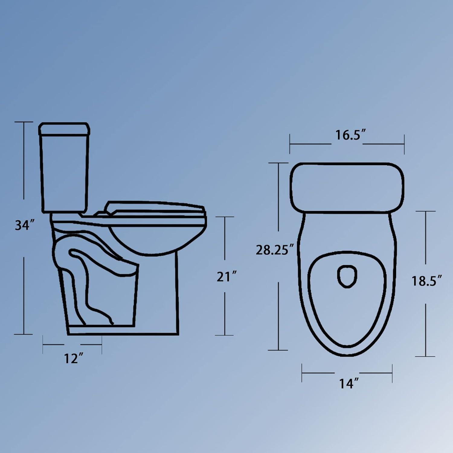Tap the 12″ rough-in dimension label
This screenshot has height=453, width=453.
73,358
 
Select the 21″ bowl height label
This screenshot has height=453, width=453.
226,277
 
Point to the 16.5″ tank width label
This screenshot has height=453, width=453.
351,135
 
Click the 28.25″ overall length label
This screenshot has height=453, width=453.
275,250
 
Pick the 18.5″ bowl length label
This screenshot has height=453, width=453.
427,281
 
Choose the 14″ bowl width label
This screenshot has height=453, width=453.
349,384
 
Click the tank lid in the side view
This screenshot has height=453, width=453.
64,129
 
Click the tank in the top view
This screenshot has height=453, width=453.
347,187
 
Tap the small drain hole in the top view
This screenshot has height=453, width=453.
347,276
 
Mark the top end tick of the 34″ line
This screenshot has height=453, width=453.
24,122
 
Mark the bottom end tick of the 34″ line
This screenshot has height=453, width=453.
24,334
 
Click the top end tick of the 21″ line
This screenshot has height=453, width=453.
225,217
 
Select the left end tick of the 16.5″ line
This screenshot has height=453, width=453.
290,144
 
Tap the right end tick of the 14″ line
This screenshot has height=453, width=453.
392,373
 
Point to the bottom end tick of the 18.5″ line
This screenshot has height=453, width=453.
426,356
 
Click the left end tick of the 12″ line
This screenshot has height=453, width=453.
43,344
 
